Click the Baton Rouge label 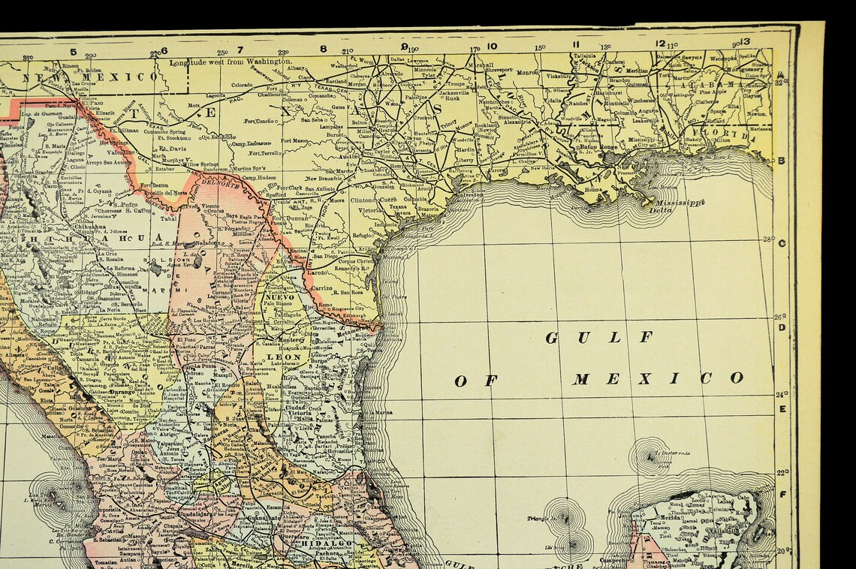click(x=597, y=147)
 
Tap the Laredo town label click(x=317, y=272)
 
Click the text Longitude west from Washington click(x=230, y=62)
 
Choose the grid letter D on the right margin click(x=782, y=327)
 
